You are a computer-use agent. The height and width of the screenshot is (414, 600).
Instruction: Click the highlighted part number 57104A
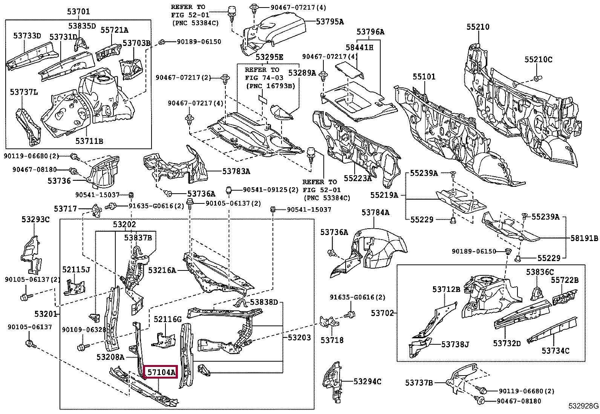(162, 372)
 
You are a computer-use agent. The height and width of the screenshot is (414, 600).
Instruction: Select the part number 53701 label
(78, 12)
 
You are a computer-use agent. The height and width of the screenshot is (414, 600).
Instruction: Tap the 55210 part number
(478, 27)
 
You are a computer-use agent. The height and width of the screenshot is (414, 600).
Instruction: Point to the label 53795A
(330, 21)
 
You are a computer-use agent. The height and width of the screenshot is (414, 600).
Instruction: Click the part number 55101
(424, 76)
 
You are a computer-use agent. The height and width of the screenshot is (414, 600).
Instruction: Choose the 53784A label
(375, 212)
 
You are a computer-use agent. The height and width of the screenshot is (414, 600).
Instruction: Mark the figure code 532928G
(583, 406)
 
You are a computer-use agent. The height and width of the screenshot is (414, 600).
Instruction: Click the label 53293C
(36, 219)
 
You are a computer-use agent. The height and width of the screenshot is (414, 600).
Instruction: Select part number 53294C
(367, 381)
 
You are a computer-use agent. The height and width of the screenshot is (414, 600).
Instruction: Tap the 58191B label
(584, 238)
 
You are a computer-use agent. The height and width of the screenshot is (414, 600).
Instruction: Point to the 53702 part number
(382, 313)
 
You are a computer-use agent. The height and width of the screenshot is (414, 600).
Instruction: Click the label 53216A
(162, 270)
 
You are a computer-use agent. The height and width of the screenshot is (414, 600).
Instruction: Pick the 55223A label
(358, 178)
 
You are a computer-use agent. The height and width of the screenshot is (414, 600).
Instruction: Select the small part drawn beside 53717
(96, 210)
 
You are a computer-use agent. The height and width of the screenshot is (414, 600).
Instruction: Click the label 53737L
(24, 92)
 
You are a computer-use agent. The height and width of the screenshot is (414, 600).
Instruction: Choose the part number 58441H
(359, 47)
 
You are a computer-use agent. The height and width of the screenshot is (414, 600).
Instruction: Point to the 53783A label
(236, 171)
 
